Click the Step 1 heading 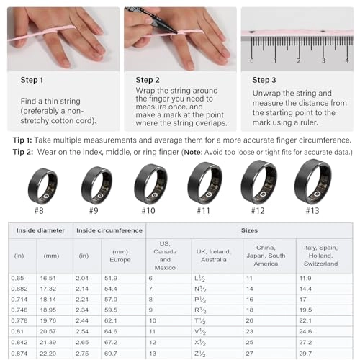[32, 80]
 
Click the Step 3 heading [264, 80]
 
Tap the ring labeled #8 [42, 186]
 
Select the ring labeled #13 [312, 181]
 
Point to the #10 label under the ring [148, 211]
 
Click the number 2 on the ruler [299, 60]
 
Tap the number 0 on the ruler [251, 60]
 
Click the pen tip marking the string [176, 32]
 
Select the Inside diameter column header [40, 230]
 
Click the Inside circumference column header [109, 230]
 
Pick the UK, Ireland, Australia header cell [214, 256]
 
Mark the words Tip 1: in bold [22, 140]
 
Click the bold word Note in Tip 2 [192, 152]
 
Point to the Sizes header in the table [249, 230]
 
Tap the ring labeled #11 [204, 183]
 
